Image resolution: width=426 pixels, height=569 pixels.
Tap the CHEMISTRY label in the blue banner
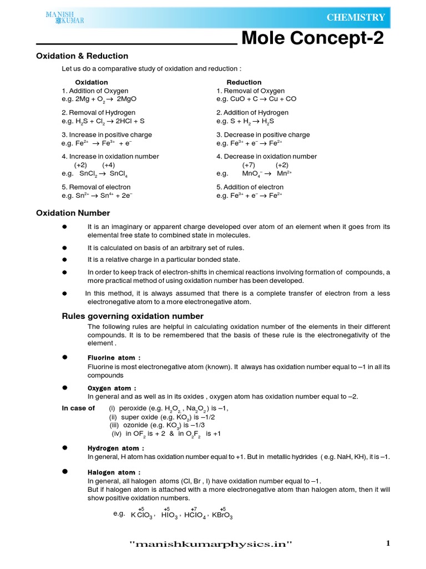[x=356, y=18]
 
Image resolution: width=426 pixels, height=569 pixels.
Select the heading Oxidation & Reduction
[x=82, y=56]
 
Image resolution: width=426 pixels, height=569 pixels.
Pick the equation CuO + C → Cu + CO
[x=261, y=99]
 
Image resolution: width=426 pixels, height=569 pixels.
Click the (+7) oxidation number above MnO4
[x=248, y=165]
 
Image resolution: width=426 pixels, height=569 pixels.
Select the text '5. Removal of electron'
[x=96, y=187]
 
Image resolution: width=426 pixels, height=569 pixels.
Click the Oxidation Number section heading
[x=73, y=213]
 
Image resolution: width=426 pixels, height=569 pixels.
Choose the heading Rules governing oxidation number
[x=132, y=316]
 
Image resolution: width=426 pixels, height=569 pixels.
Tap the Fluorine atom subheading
[x=114, y=358]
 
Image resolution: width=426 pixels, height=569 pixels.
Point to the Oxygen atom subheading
[x=111, y=388]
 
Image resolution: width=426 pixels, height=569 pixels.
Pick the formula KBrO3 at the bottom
[x=222, y=515]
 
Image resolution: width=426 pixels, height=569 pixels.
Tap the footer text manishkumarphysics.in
[x=210, y=544]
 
